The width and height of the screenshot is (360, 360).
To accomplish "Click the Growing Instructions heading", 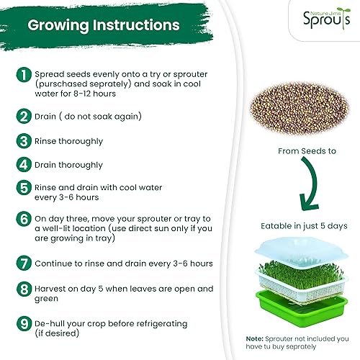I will [104, 25].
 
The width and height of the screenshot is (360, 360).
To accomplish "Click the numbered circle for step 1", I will [24, 76].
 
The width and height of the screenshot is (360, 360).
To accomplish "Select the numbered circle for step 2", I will [24, 116].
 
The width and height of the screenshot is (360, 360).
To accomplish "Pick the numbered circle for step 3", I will [24, 141].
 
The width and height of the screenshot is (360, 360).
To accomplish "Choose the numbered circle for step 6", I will [24, 218].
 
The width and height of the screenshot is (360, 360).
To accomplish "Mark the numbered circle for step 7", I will [24, 264].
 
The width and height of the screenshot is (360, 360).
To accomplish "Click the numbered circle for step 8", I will [24, 289].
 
